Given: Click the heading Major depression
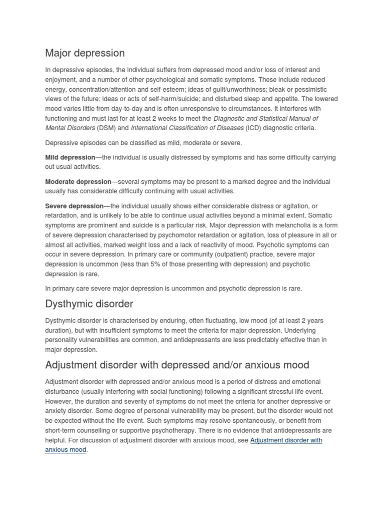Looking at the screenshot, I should point(85,53).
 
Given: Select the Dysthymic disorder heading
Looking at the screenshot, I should point(89,304).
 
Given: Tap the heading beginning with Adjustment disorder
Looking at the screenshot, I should point(177,364).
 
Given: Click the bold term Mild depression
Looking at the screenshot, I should point(70,157).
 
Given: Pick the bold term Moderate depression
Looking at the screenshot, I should point(77,181).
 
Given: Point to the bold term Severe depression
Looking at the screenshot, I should point(74,206).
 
